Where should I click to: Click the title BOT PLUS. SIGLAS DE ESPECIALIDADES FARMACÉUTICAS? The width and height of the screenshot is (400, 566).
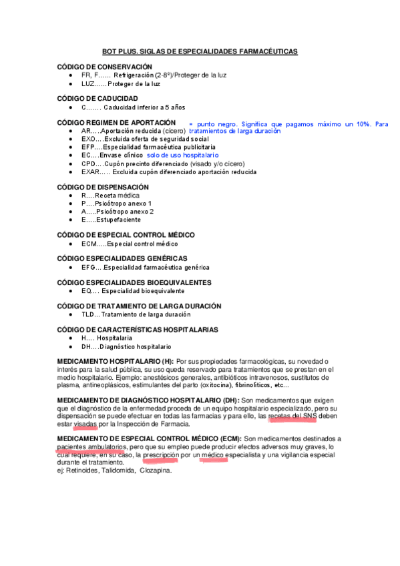pyautogui.click(x=200, y=51)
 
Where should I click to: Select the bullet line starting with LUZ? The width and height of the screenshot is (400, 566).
pyautogui.click(x=120, y=84)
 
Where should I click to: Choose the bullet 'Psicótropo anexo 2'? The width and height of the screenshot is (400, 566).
pyautogui.click(x=117, y=212)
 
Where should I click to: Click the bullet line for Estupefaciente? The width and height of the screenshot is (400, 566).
pyautogui.click(x=111, y=220)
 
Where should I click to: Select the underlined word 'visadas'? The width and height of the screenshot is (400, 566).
pyautogui.click(x=85, y=424)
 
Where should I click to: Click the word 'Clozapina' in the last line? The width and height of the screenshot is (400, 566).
pyautogui.click(x=156, y=470)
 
